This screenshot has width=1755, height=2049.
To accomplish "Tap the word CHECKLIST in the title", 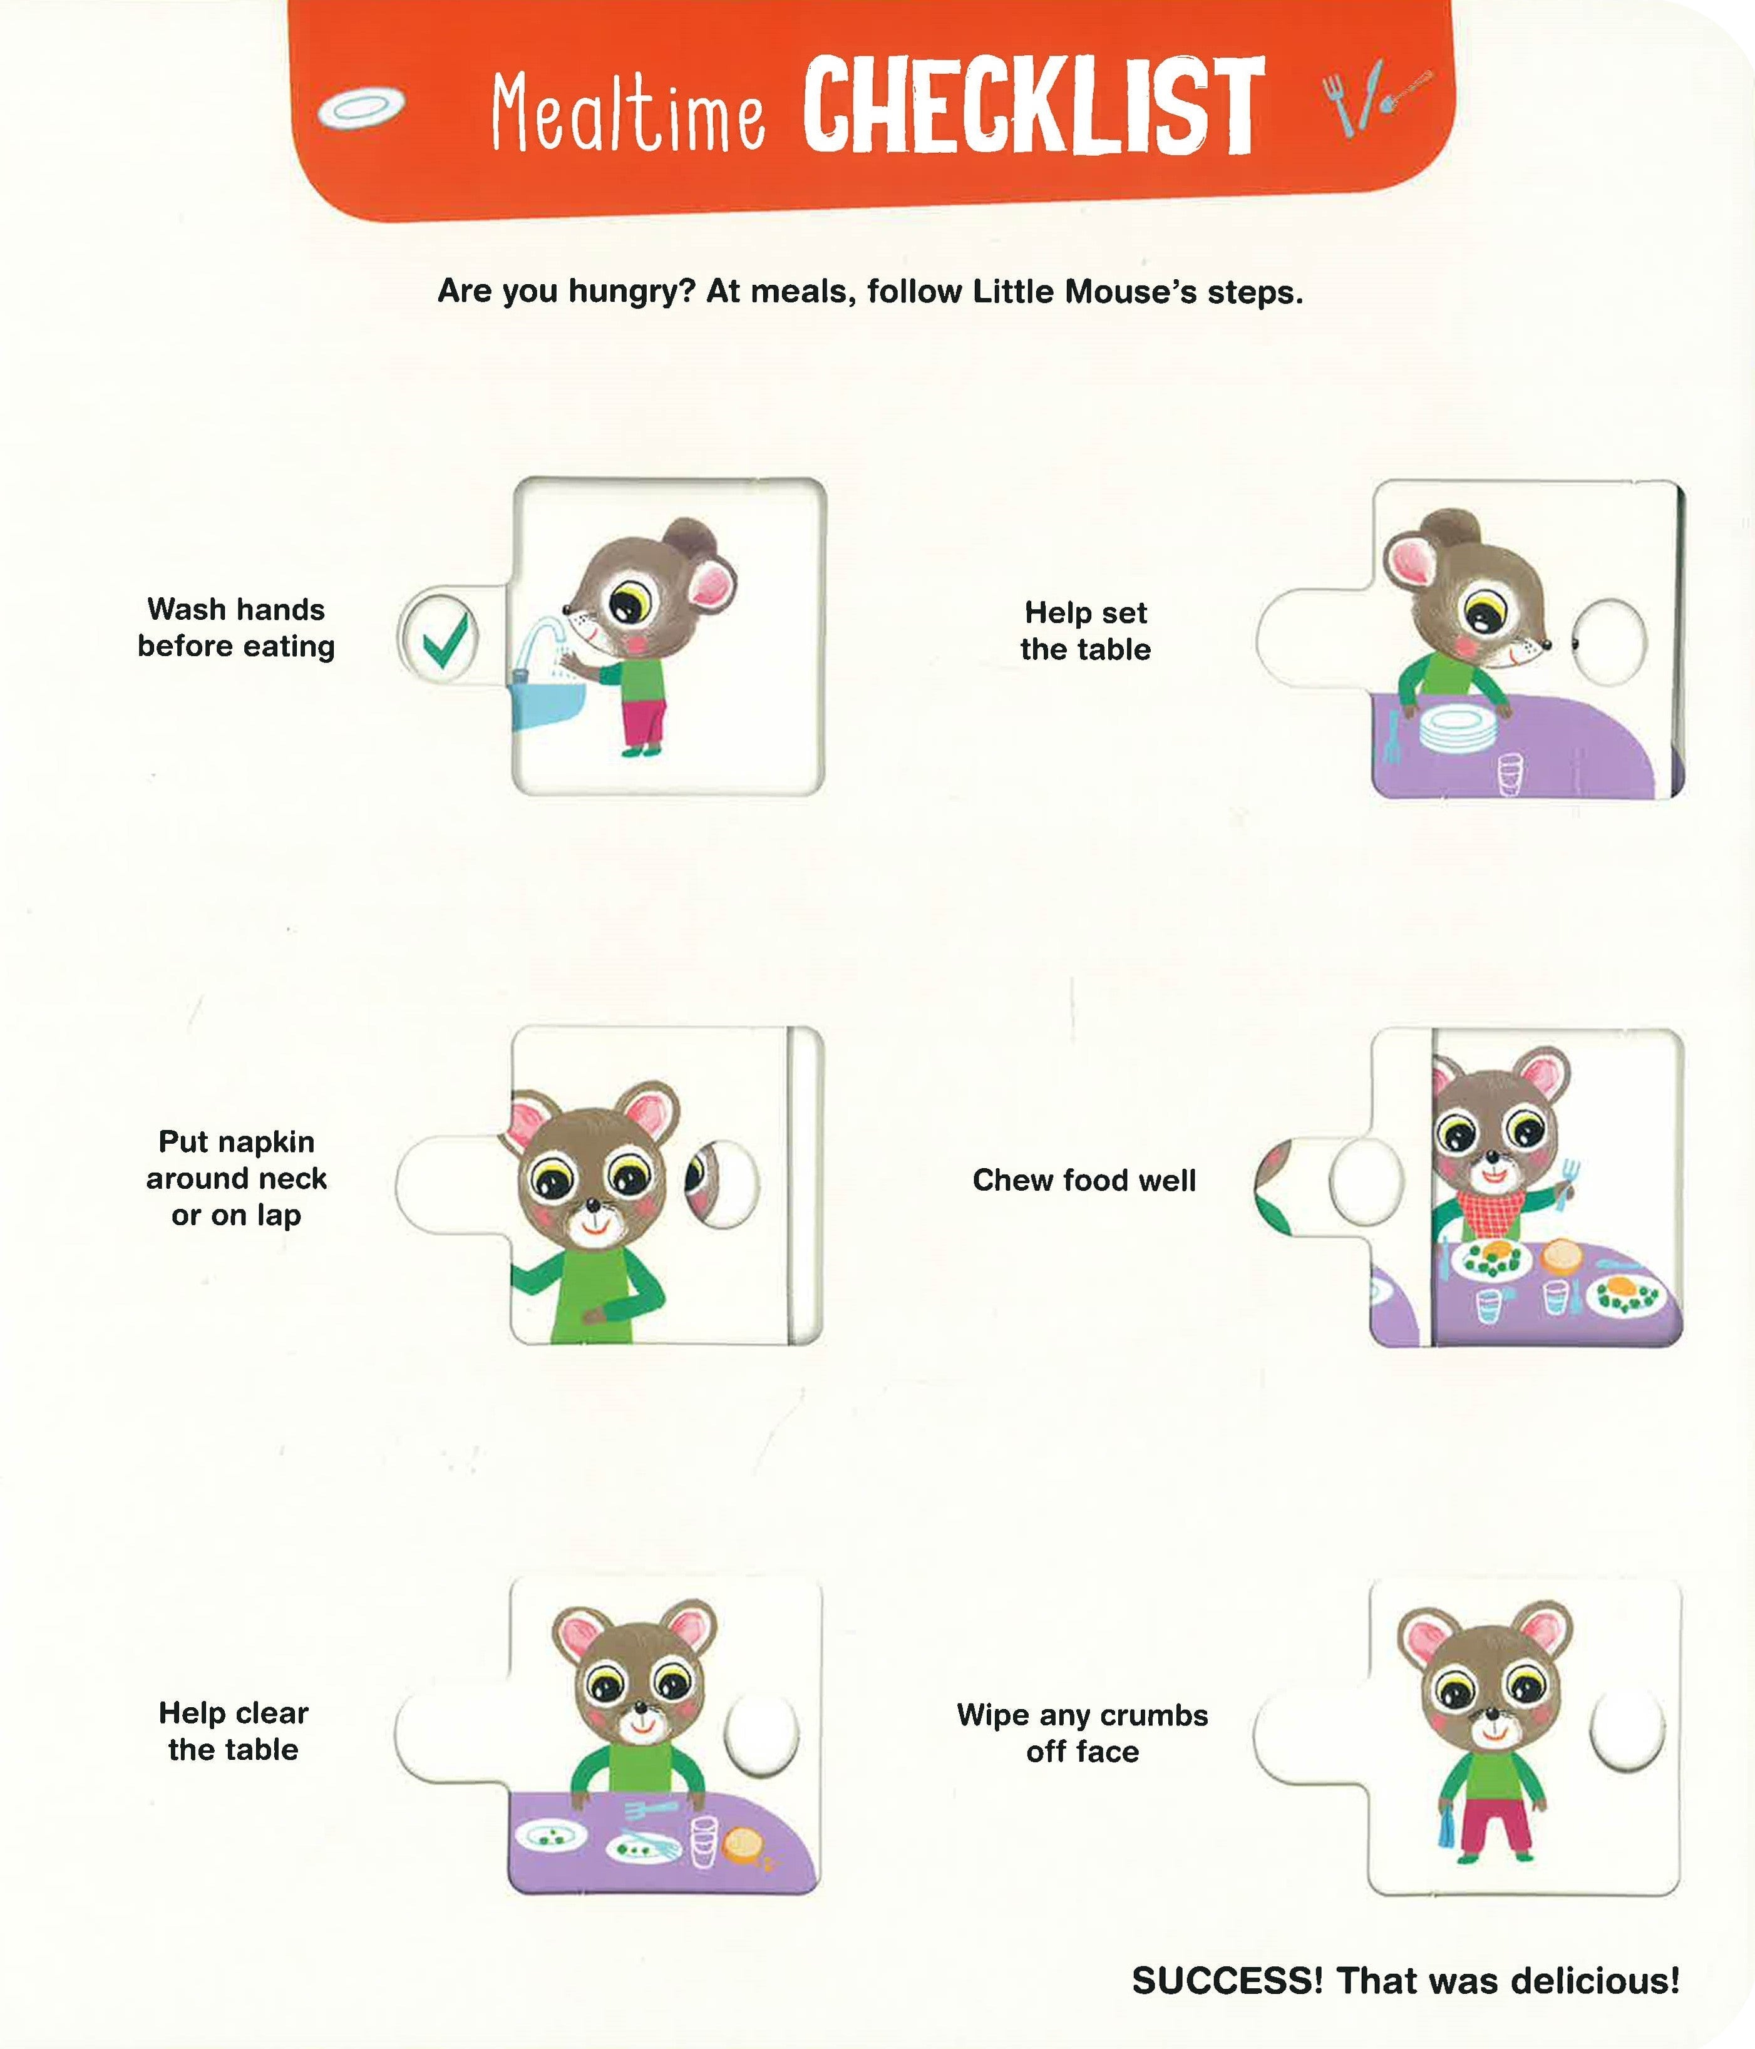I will pos(1033,107).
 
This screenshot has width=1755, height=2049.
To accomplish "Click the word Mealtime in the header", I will pos(628,114).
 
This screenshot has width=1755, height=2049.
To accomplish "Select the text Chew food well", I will pos(1084,1180).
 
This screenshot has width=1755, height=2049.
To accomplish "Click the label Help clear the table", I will pos(234,1730).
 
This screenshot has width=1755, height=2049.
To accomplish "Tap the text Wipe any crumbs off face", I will pos(1083,1733).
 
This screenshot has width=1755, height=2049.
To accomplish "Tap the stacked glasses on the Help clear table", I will pos(703,1841).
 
